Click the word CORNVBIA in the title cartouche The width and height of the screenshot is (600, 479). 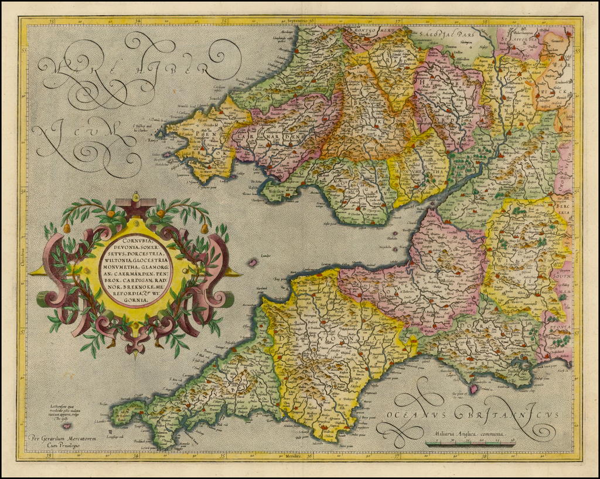[126, 240]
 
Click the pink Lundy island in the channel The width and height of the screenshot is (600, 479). [253, 263]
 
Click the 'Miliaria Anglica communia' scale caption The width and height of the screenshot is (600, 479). [469, 434]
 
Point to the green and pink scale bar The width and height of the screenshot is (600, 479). [469, 444]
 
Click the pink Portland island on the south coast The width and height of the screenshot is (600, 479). [473, 388]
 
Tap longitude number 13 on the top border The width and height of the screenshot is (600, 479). [52, 22]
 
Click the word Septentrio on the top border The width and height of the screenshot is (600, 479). [301, 21]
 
